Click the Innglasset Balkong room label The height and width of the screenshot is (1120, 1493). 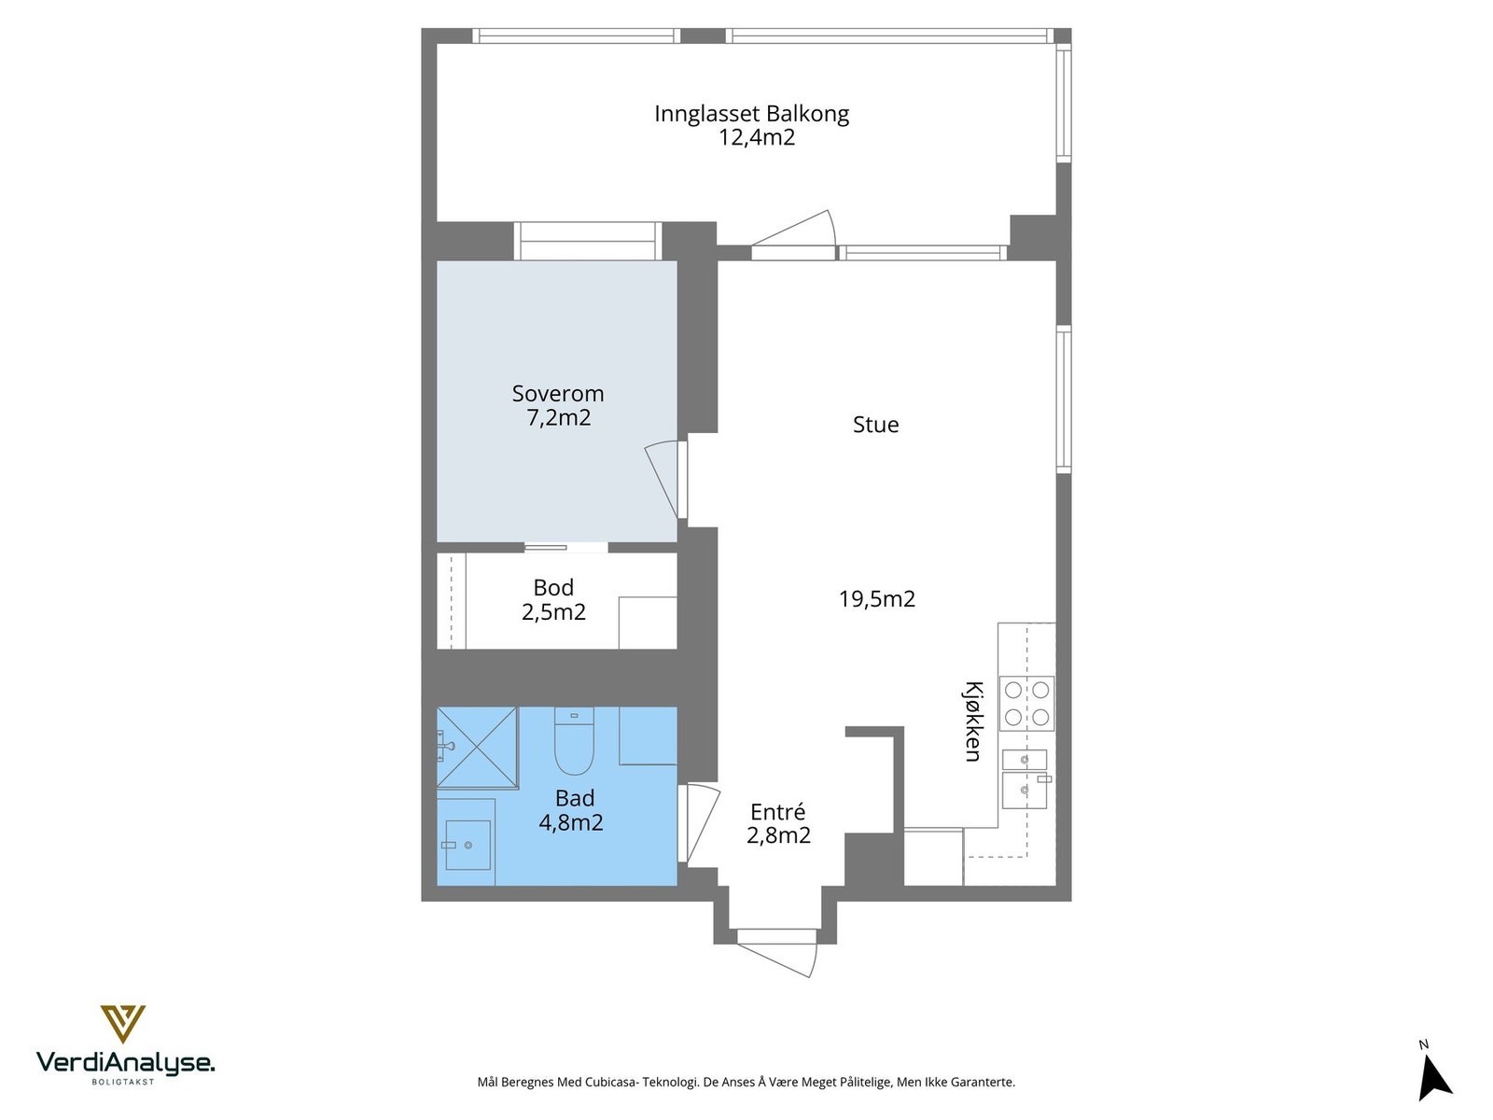click(x=751, y=114)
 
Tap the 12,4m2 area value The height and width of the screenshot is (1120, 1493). click(x=757, y=137)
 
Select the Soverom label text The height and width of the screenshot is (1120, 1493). click(x=558, y=393)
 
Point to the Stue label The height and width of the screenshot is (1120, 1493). click(x=875, y=425)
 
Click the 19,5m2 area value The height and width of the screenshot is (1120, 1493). click(x=877, y=598)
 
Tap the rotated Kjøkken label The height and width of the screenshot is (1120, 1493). click(x=972, y=721)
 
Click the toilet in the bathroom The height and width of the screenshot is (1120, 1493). click(x=574, y=740)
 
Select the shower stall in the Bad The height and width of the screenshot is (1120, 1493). click(x=478, y=748)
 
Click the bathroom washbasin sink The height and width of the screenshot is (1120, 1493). click(x=468, y=845)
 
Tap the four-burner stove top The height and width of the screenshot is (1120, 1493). click(x=1026, y=703)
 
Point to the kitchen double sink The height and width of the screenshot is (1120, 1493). click(x=1025, y=778)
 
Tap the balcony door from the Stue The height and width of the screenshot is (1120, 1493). click(x=793, y=235)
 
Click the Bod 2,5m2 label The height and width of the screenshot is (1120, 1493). click(x=553, y=600)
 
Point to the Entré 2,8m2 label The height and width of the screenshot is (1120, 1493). click(x=779, y=823)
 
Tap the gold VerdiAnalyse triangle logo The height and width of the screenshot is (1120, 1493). click(x=123, y=1024)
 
